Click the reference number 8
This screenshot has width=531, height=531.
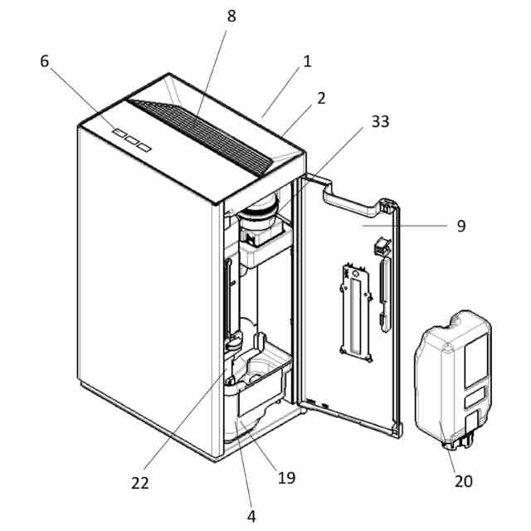(x=231, y=17)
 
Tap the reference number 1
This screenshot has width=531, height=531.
(x=306, y=61)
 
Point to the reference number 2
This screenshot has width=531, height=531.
(x=320, y=97)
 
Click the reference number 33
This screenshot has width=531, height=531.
(x=379, y=121)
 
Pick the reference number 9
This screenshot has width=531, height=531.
(x=461, y=225)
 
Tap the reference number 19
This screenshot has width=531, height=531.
(x=287, y=477)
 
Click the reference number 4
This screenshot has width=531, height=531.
(x=251, y=515)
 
